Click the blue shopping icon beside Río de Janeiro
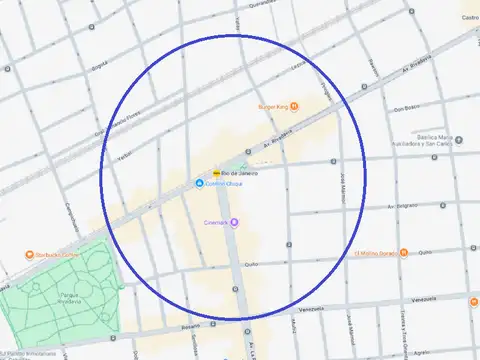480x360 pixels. pos(198,183)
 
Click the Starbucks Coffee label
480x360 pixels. pos(59,255)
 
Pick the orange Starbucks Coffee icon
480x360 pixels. pos(29,255)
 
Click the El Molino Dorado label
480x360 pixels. pos(375,253)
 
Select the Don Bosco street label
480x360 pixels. pos(404,108)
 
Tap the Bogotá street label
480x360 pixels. pos(99,66)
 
